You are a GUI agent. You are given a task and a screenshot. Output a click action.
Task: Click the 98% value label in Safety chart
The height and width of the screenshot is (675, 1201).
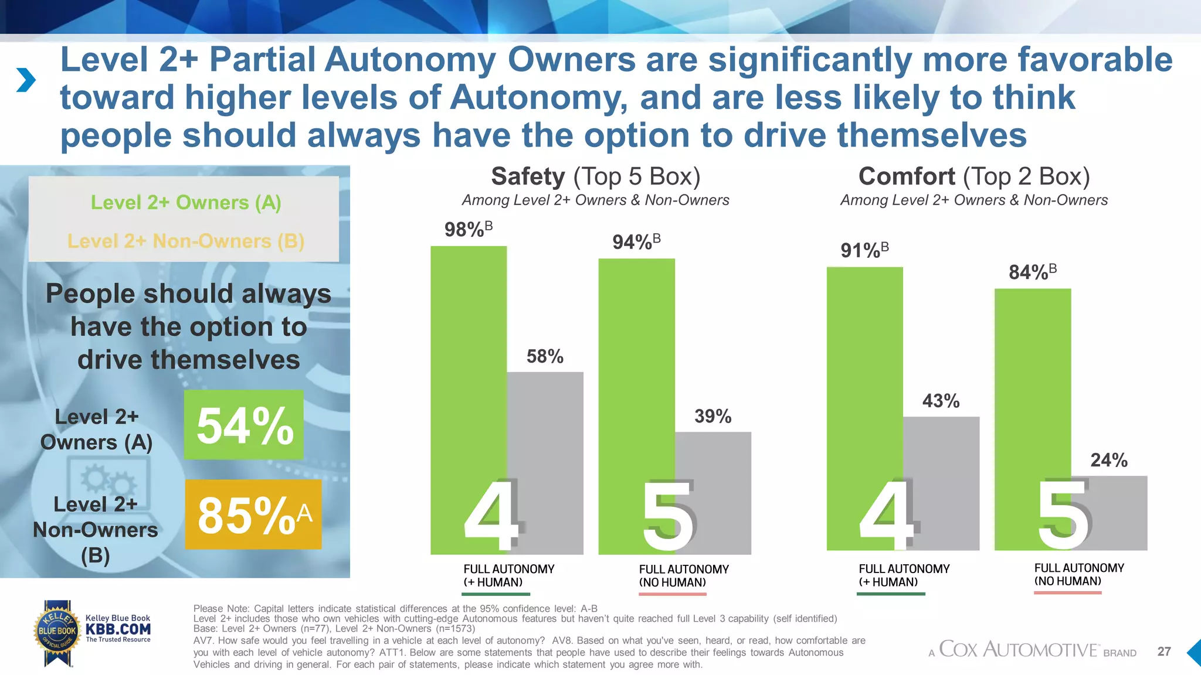pyautogui.click(x=467, y=229)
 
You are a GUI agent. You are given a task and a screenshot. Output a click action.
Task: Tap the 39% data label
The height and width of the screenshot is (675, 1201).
pyautogui.click(x=713, y=417)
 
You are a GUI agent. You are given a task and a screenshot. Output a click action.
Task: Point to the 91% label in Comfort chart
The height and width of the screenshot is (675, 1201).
pyautogui.click(x=864, y=250)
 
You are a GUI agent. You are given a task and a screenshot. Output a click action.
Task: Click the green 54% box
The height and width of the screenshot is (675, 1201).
pyautogui.click(x=244, y=425)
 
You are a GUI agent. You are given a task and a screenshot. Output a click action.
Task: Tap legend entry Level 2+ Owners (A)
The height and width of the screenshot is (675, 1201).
pyautogui.click(x=186, y=203)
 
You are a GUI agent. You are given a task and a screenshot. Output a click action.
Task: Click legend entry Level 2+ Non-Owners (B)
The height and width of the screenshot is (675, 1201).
pyautogui.click(x=186, y=241)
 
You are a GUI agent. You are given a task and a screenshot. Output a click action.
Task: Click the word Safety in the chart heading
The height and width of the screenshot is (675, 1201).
pyautogui.click(x=528, y=176)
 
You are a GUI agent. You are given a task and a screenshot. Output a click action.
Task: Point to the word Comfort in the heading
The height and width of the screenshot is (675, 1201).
pyautogui.click(x=907, y=176)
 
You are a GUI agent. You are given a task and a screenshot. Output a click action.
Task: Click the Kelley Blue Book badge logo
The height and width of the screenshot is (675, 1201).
pyautogui.click(x=57, y=632)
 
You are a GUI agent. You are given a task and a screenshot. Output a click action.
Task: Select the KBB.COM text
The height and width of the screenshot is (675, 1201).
pyautogui.click(x=118, y=629)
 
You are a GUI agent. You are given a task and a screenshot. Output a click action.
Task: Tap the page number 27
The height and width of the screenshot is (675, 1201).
pyautogui.click(x=1164, y=652)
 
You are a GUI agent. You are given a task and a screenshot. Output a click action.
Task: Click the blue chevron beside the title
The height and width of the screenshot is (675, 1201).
pyautogui.click(x=26, y=80)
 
